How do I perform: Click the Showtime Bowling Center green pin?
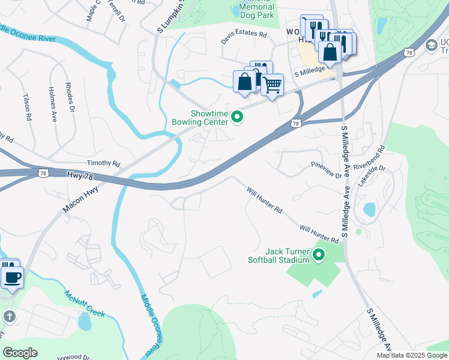(x=237, y=117)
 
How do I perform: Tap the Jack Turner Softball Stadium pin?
(x=319, y=256)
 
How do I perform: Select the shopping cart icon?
(x=272, y=85)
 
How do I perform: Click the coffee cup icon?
(x=12, y=277)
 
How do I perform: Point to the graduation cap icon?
(x=430, y=45)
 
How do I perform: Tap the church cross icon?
(x=9, y=316)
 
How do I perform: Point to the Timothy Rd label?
(x=103, y=163)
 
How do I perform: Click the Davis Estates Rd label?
(x=243, y=35)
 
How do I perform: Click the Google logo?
(x=20, y=353)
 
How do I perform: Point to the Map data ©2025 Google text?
(x=411, y=355)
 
